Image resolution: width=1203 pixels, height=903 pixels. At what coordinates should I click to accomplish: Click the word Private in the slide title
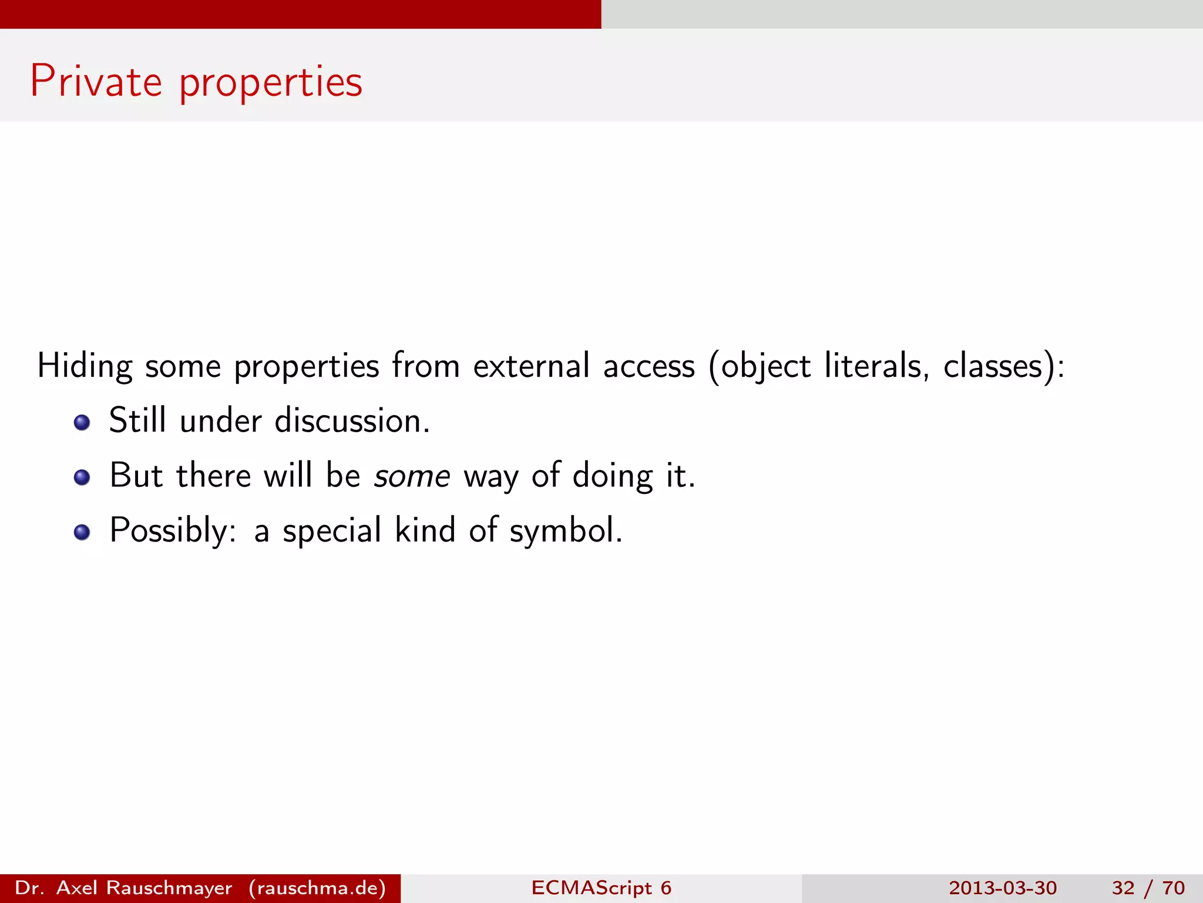coord(96,81)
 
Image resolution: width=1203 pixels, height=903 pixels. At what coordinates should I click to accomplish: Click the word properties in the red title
coord(271,82)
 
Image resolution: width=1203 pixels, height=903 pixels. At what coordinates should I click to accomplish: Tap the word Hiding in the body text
coord(85,366)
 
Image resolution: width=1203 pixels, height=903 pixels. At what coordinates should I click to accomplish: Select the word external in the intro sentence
coord(531,366)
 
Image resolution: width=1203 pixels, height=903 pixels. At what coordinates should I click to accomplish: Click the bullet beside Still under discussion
coord(82,422)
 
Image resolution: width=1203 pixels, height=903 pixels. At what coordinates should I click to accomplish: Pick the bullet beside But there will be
coord(82,477)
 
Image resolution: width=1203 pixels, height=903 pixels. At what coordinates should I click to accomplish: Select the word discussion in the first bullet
coord(352,421)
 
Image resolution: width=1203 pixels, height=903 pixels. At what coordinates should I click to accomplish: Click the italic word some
coord(412,476)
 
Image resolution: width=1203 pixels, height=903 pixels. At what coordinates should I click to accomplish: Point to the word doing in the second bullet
coord(612,476)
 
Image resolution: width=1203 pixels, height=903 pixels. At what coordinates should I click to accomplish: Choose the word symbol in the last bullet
coord(565,530)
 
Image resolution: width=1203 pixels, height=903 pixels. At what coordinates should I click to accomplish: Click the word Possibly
coord(173,530)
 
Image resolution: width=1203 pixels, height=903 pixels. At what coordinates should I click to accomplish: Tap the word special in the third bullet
coord(332,530)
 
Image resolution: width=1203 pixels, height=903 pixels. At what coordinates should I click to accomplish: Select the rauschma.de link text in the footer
coord(317,888)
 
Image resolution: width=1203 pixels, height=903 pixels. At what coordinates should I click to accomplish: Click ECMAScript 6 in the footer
coord(601,888)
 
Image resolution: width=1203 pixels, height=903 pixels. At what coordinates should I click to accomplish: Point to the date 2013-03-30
coord(1003,888)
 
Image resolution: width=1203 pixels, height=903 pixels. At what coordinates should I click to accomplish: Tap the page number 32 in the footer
coord(1123,888)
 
